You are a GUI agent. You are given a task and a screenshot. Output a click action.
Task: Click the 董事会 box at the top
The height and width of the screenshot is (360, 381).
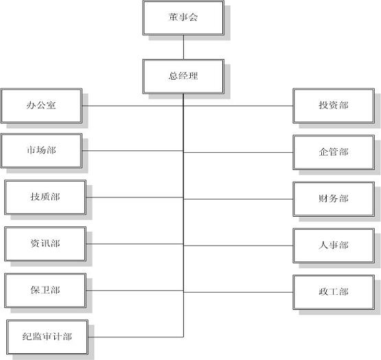183,18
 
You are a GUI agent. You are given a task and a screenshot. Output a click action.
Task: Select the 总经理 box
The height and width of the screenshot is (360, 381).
183,76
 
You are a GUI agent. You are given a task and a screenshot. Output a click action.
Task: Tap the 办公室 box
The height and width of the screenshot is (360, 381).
41,106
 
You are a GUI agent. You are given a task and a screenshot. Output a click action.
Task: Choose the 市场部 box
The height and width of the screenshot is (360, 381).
41,151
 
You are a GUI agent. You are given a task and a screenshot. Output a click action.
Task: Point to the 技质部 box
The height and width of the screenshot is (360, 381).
45,197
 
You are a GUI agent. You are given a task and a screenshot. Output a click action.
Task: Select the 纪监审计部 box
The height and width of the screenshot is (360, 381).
48,337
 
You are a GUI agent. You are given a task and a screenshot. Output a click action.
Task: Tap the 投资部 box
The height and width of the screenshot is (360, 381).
334,106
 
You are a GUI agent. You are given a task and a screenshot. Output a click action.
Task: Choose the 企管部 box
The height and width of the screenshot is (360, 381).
334,152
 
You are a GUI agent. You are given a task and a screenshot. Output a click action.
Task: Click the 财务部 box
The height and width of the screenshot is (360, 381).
334,199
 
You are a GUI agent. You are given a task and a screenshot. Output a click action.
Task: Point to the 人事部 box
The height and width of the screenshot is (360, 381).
334,245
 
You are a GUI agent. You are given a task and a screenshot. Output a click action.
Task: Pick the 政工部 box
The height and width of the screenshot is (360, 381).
334,292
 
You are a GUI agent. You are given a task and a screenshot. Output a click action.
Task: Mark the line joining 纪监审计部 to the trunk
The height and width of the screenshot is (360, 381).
137,337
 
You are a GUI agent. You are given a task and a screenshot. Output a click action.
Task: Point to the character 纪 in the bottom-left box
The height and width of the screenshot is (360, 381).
27,337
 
